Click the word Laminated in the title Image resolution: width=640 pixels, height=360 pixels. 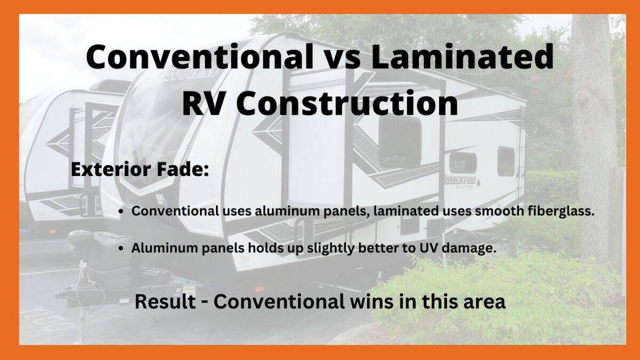pos(462,58)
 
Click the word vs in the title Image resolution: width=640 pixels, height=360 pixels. pos(341,58)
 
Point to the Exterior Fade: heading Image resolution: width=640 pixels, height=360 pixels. pos(139,171)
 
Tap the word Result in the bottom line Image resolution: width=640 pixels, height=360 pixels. pos(164,302)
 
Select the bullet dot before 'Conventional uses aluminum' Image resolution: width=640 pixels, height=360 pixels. pos(122,211)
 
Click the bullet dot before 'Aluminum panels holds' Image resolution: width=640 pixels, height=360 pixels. pos(122,249)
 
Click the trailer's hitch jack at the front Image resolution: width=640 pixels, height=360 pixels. pos(81,277)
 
